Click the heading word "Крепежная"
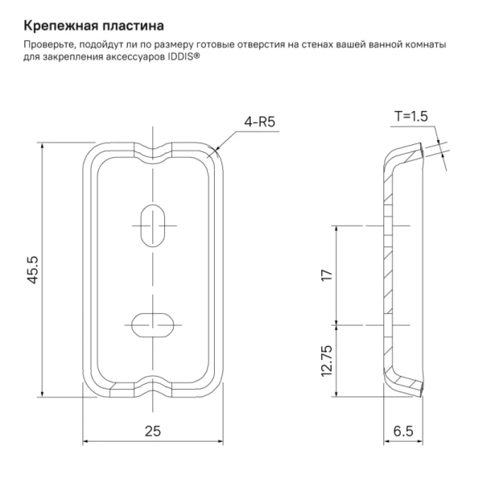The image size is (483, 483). (58, 17)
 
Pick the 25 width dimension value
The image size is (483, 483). (151, 431)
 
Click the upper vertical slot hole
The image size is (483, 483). (151, 221)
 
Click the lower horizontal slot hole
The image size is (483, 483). (151, 324)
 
